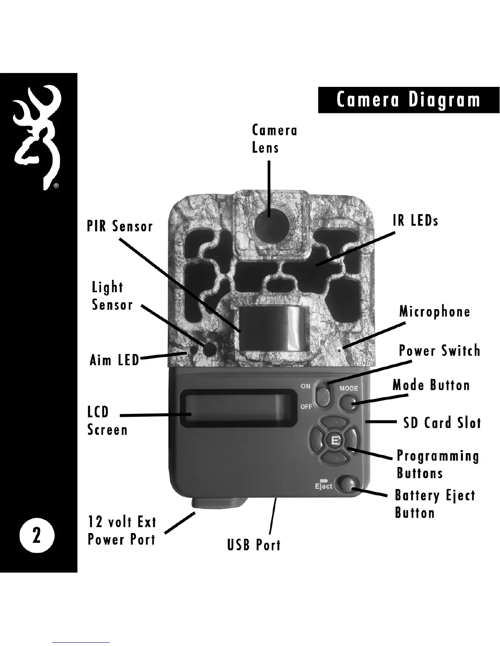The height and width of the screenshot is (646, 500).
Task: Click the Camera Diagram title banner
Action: (x=408, y=100)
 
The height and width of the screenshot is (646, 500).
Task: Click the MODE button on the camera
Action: (x=348, y=403)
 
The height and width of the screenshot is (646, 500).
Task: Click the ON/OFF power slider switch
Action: (x=322, y=395)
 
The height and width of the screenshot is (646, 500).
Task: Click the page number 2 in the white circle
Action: (x=36, y=535)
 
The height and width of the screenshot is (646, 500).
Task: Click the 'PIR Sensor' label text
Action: (x=120, y=226)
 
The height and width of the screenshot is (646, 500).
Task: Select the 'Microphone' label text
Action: (x=435, y=312)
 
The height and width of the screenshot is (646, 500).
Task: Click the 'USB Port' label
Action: (x=254, y=545)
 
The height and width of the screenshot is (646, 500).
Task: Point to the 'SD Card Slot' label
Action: (x=442, y=423)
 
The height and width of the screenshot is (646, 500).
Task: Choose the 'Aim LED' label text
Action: (x=114, y=361)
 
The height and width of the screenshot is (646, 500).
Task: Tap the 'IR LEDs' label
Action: (x=415, y=220)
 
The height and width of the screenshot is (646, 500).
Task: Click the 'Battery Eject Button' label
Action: (x=435, y=504)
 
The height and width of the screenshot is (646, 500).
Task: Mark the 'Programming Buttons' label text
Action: (x=437, y=465)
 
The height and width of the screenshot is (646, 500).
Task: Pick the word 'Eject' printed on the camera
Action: (x=323, y=487)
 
